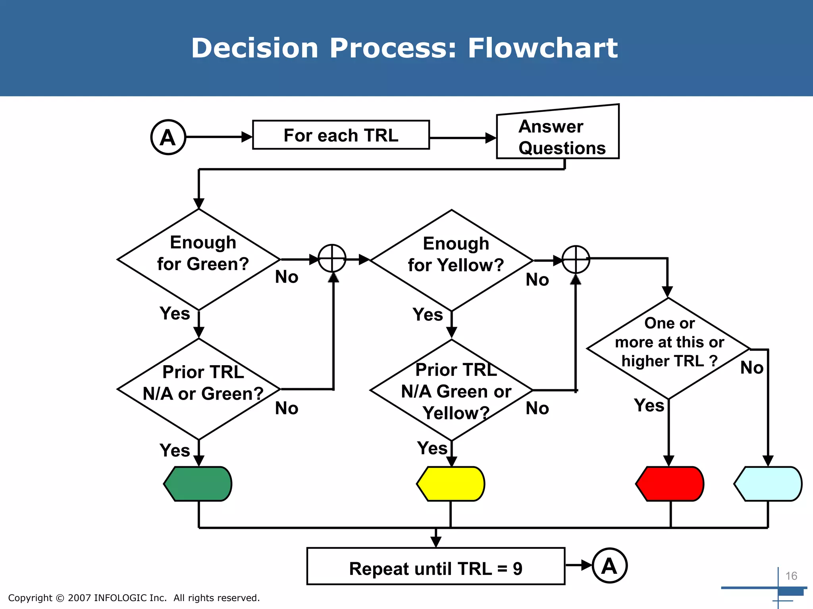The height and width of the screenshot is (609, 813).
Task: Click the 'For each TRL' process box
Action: pyautogui.click(x=341, y=135)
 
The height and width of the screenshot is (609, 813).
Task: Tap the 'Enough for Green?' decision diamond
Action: pyautogui.click(x=199, y=259)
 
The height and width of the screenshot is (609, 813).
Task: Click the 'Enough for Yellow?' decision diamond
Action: pyautogui.click(x=452, y=260)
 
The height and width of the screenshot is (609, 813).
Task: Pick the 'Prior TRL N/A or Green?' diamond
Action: pyautogui.click(x=199, y=389)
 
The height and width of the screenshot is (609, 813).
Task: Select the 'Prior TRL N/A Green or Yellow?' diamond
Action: pyautogui.click(x=452, y=390)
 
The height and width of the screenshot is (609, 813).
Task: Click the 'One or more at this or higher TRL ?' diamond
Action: pyautogui.click(x=669, y=348)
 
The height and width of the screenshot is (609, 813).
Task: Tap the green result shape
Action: pyautogui.click(x=198, y=484)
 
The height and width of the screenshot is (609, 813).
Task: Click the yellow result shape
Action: pyautogui.click(x=451, y=484)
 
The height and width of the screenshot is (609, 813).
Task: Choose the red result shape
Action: pyautogui.click(x=670, y=484)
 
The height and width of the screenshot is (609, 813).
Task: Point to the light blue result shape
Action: pyautogui.click(x=768, y=484)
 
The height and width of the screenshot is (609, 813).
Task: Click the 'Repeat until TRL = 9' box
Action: pyautogui.click(x=436, y=566)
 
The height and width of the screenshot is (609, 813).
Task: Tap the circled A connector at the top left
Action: pyautogui.click(x=168, y=137)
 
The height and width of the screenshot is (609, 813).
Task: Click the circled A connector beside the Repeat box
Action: pyautogui.click(x=610, y=565)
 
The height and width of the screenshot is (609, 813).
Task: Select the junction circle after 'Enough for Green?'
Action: pyautogui.click(x=332, y=259)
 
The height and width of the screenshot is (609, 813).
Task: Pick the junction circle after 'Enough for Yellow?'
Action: pyautogui.click(x=576, y=259)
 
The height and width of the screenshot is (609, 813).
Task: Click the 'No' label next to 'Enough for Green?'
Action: pyautogui.click(x=287, y=277)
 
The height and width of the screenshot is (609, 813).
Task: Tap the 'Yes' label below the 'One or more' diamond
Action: pyautogui.click(x=649, y=406)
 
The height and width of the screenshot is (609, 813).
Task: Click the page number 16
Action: pyautogui.click(x=791, y=576)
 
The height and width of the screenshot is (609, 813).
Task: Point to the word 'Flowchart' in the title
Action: pyautogui.click(x=543, y=48)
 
